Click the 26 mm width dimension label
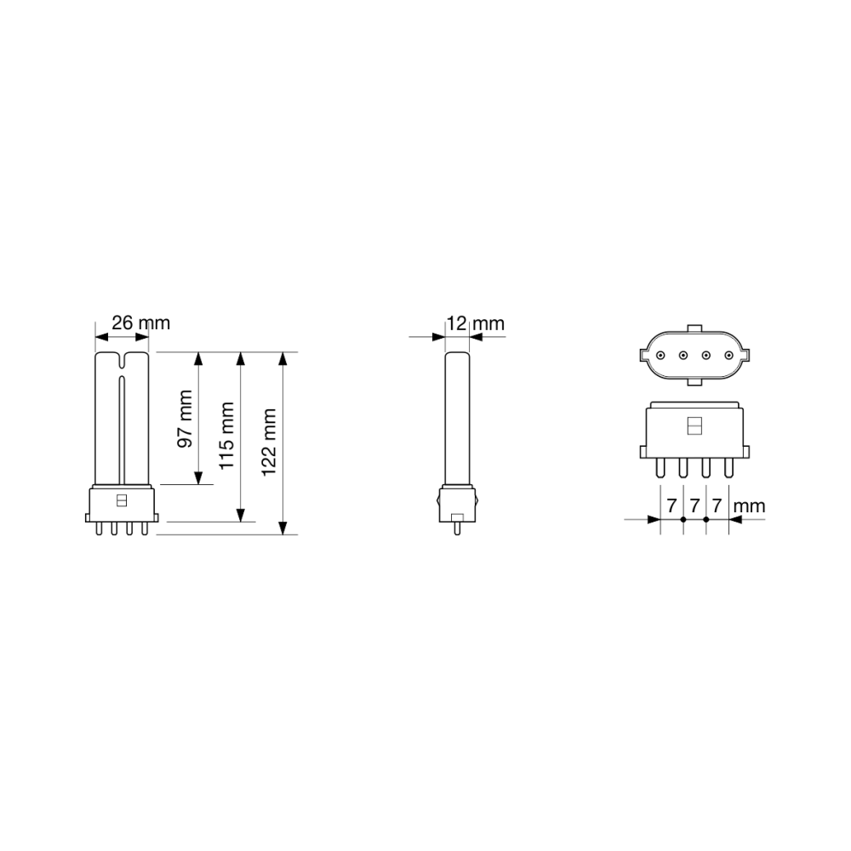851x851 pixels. coord(140,323)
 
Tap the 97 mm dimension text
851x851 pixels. coord(186,419)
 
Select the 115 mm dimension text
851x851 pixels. coord(226,436)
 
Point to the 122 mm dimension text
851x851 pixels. coord(269,443)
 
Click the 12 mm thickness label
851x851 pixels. coord(476,323)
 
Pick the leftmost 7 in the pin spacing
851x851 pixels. coord(672,505)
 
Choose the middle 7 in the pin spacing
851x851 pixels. coord(694,505)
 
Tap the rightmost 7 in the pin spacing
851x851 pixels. coord(717,505)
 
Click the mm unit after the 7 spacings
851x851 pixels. coord(749,507)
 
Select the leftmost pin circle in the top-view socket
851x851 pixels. coord(660,356)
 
